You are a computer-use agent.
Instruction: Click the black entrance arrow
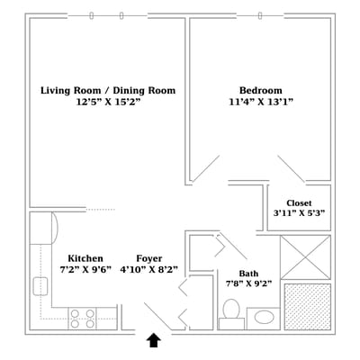click(x=154, y=340)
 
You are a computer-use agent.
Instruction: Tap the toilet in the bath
click(x=231, y=313)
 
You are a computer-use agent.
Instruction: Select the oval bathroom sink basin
click(x=265, y=318)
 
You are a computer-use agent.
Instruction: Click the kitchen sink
click(x=40, y=286)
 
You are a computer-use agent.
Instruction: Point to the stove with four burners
click(x=82, y=319)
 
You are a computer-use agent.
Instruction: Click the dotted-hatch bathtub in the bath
click(x=308, y=307)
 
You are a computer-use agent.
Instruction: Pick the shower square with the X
click(x=305, y=257)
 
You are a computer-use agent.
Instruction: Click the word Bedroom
click(x=261, y=90)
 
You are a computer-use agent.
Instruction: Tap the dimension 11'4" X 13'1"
click(x=261, y=102)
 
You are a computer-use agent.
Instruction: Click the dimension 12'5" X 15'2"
click(x=108, y=102)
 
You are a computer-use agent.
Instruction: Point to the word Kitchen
click(x=85, y=258)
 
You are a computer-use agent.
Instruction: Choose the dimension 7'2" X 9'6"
click(x=85, y=270)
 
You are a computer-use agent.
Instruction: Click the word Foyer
click(x=149, y=258)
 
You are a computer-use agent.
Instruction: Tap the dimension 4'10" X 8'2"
click(x=148, y=270)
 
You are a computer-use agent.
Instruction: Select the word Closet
click(x=299, y=203)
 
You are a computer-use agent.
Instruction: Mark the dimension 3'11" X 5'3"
click(x=299, y=213)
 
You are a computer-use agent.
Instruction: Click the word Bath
click(x=248, y=274)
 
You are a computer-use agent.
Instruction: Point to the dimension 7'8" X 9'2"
click(x=248, y=283)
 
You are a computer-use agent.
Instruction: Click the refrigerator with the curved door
click(x=43, y=228)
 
